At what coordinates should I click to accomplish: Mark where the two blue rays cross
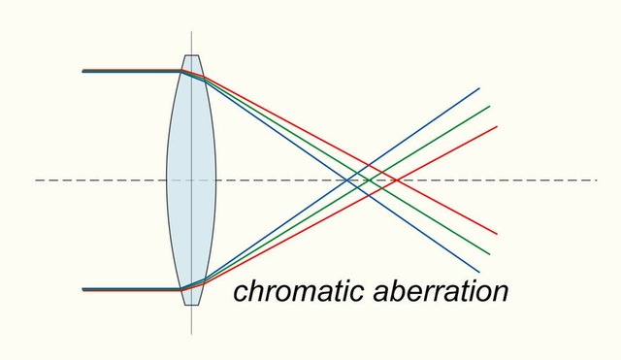(348, 180)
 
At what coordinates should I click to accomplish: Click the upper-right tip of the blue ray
(479, 88)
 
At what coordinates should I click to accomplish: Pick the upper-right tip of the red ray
(497, 126)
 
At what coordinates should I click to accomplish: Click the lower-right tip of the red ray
(497, 234)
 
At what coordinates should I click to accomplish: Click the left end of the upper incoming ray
(83, 71)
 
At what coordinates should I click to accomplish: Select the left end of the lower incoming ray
(83, 289)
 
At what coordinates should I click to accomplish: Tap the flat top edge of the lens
(191, 56)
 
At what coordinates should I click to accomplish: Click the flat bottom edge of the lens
(191, 305)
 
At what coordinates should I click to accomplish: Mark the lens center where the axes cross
(191, 180)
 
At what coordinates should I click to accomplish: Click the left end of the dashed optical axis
(36, 180)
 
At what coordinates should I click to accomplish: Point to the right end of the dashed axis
(597, 180)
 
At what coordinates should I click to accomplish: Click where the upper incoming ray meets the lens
(180, 71)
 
